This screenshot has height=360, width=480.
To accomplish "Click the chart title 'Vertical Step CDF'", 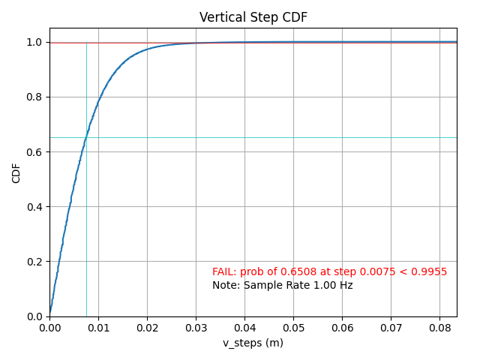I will [253, 17].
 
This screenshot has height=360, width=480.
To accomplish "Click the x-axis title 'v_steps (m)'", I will [253, 343].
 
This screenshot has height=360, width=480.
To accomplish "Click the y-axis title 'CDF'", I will [16, 174].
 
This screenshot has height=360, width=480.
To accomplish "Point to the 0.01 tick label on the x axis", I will [98, 328].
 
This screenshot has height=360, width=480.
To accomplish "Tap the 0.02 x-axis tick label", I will [147, 328].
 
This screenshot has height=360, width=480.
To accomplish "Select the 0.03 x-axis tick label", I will [196, 328].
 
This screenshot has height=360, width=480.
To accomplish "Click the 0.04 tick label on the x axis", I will [244, 328].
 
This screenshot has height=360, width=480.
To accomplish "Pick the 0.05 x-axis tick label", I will [293, 328].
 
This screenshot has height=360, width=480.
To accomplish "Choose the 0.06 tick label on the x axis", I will [342, 328].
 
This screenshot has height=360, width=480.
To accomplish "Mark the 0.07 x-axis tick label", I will [391, 328].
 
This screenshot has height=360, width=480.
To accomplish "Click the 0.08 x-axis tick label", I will [439, 328].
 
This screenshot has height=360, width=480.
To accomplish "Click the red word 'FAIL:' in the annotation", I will [224, 272].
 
